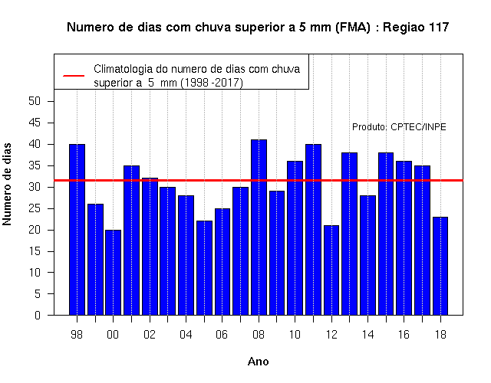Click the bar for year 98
pyautogui.click(x=77, y=230)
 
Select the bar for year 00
pyautogui.click(x=113, y=273)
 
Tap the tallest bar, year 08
pyautogui.click(x=259, y=228)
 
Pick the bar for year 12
pyautogui.click(x=331, y=270)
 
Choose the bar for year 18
pyautogui.click(x=440, y=266)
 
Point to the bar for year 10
pyautogui.click(x=295, y=238)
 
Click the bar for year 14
pyautogui.click(x=367, y=255)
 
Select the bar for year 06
pyautogui.click(x=222, y=262)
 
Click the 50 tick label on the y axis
pyautogui.click(x=35, y=101)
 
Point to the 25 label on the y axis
pyautogui.click(x=35, y=208)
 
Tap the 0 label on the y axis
pyautogui.click(x=38, y=315)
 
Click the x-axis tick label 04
pyautogui.click(x=186, y=335)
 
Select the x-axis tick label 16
pyautogui.click(x=404, y=335)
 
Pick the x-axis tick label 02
pyautogui.click(x=150, y=335)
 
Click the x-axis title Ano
pyautogui.click(x=258, y=362)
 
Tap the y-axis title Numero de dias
pyautogui.click(x=7, y=184)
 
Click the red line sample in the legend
pyautogui.click(x=74, y=76)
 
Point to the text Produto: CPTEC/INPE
pyautogui.click(x=399, y=127)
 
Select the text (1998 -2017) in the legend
pyautogui.click(x=212, y=83)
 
